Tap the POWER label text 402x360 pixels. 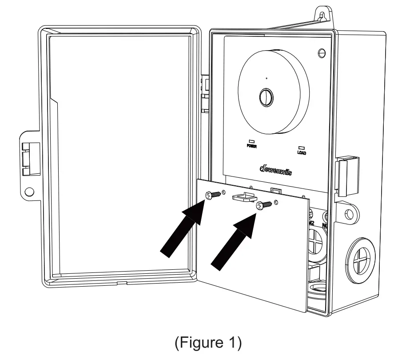251,146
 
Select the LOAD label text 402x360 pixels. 302,152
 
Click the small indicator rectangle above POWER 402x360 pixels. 251,141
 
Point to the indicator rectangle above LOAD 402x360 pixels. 301,148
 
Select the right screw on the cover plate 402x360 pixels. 263,205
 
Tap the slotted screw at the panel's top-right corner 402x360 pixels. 322,53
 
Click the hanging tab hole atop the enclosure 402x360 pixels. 323,14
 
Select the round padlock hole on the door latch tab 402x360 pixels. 29,192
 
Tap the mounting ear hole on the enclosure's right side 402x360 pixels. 349,213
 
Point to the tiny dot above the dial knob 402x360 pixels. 266,79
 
